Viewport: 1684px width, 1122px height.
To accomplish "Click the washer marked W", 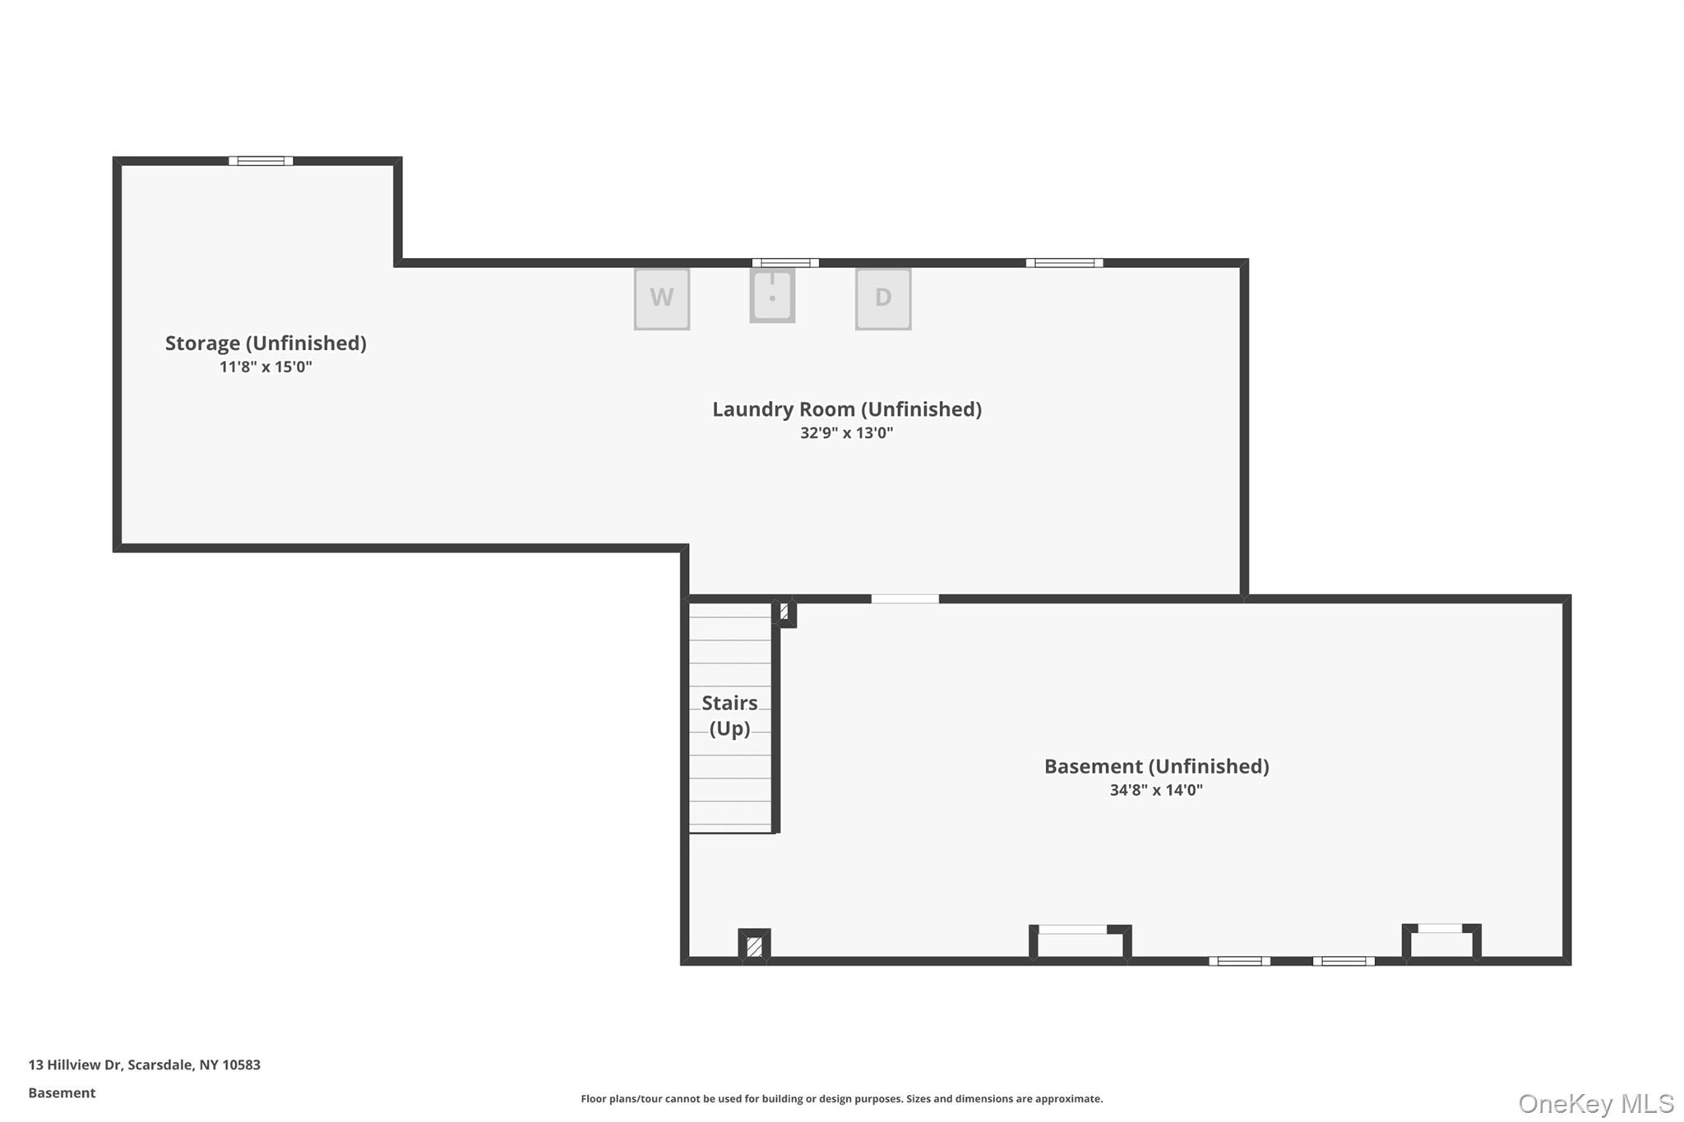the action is tap(662, 299).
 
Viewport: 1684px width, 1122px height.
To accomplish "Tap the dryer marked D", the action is tap(883, 299).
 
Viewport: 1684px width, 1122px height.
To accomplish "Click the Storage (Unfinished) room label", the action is tap(266, 344).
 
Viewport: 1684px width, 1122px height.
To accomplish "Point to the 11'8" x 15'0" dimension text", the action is tap(266, 367).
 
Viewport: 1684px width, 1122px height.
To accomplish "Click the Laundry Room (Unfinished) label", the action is tap(847, 409).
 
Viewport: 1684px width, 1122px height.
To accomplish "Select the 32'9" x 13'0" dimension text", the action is tap(847, 433).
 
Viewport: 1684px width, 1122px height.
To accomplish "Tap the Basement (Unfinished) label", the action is tap(1157, 767).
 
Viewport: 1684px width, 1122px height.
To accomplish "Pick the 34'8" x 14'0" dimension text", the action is tap(1157, 790).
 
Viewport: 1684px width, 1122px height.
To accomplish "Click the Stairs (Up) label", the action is tap(729, 716).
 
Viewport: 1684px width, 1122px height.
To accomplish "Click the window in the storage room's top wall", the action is tap(261, 161).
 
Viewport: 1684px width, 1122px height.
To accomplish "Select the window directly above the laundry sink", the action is tap(785, 263).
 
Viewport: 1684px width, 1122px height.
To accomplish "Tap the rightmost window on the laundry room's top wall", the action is tap(1064, 263).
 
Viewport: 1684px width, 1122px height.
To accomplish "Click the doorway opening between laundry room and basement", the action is tap(905, 599).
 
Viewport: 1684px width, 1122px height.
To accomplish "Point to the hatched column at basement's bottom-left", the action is tap(754, 946).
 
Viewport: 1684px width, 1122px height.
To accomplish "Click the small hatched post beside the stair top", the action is tap(784, 612).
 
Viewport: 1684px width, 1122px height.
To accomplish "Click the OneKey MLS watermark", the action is tap(1596, 1103).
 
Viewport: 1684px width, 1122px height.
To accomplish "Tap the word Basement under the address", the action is tap(62, 1093).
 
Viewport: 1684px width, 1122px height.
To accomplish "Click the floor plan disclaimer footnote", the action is tap(842, 1099).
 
